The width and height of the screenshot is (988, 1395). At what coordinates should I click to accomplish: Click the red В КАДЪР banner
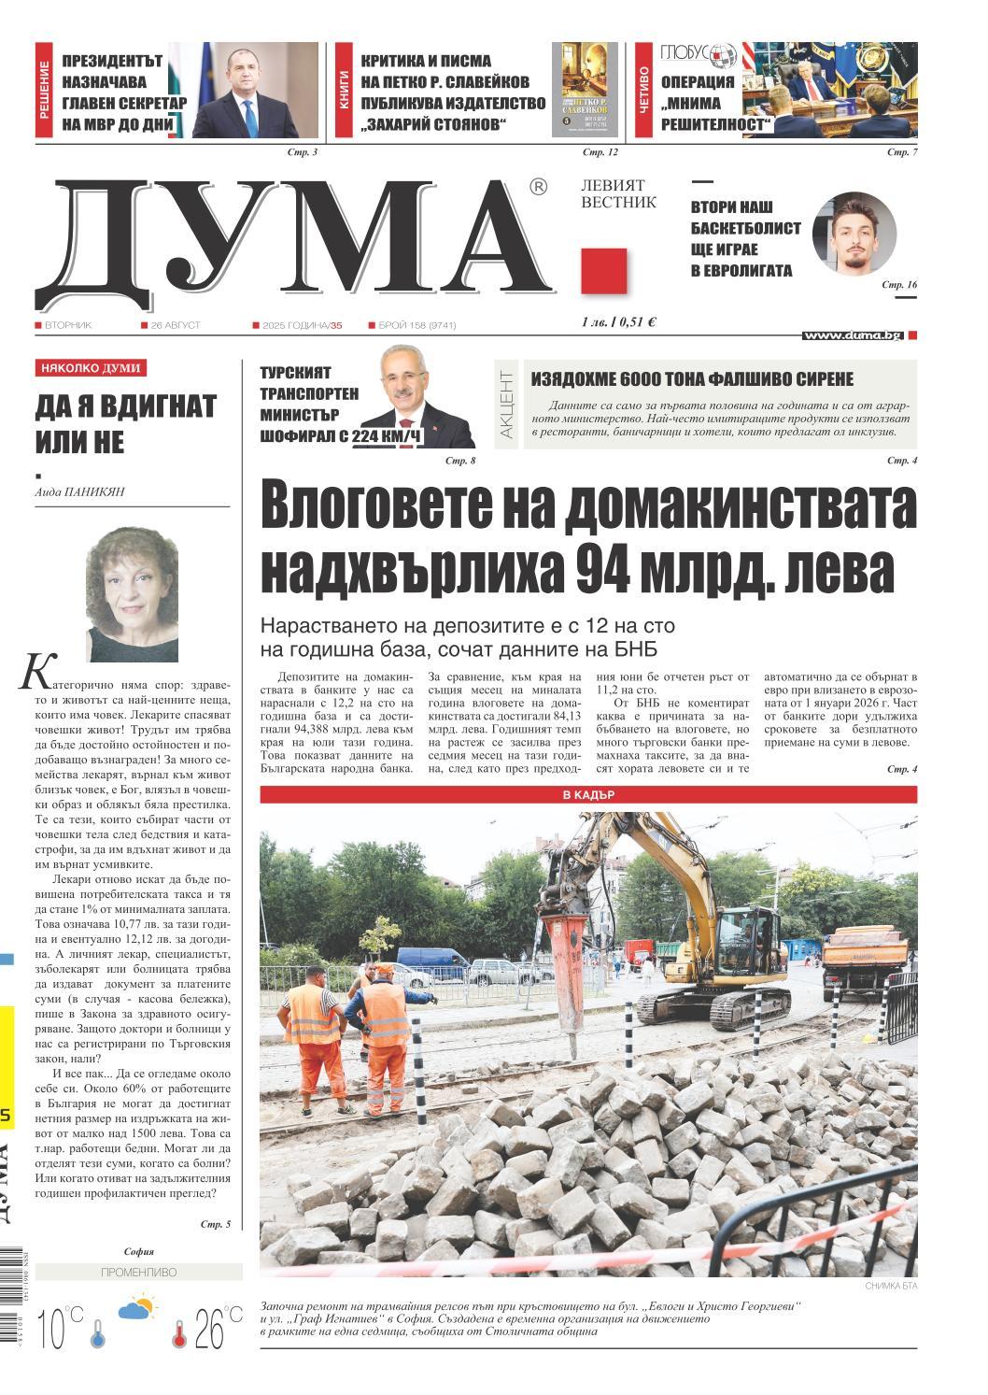click(587, 795)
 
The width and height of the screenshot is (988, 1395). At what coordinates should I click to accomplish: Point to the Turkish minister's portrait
click(414, 397)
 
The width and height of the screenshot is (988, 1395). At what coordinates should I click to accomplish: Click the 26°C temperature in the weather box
click(211, 1326)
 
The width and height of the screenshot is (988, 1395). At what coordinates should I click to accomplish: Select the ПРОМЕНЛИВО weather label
click(137, 1272)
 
